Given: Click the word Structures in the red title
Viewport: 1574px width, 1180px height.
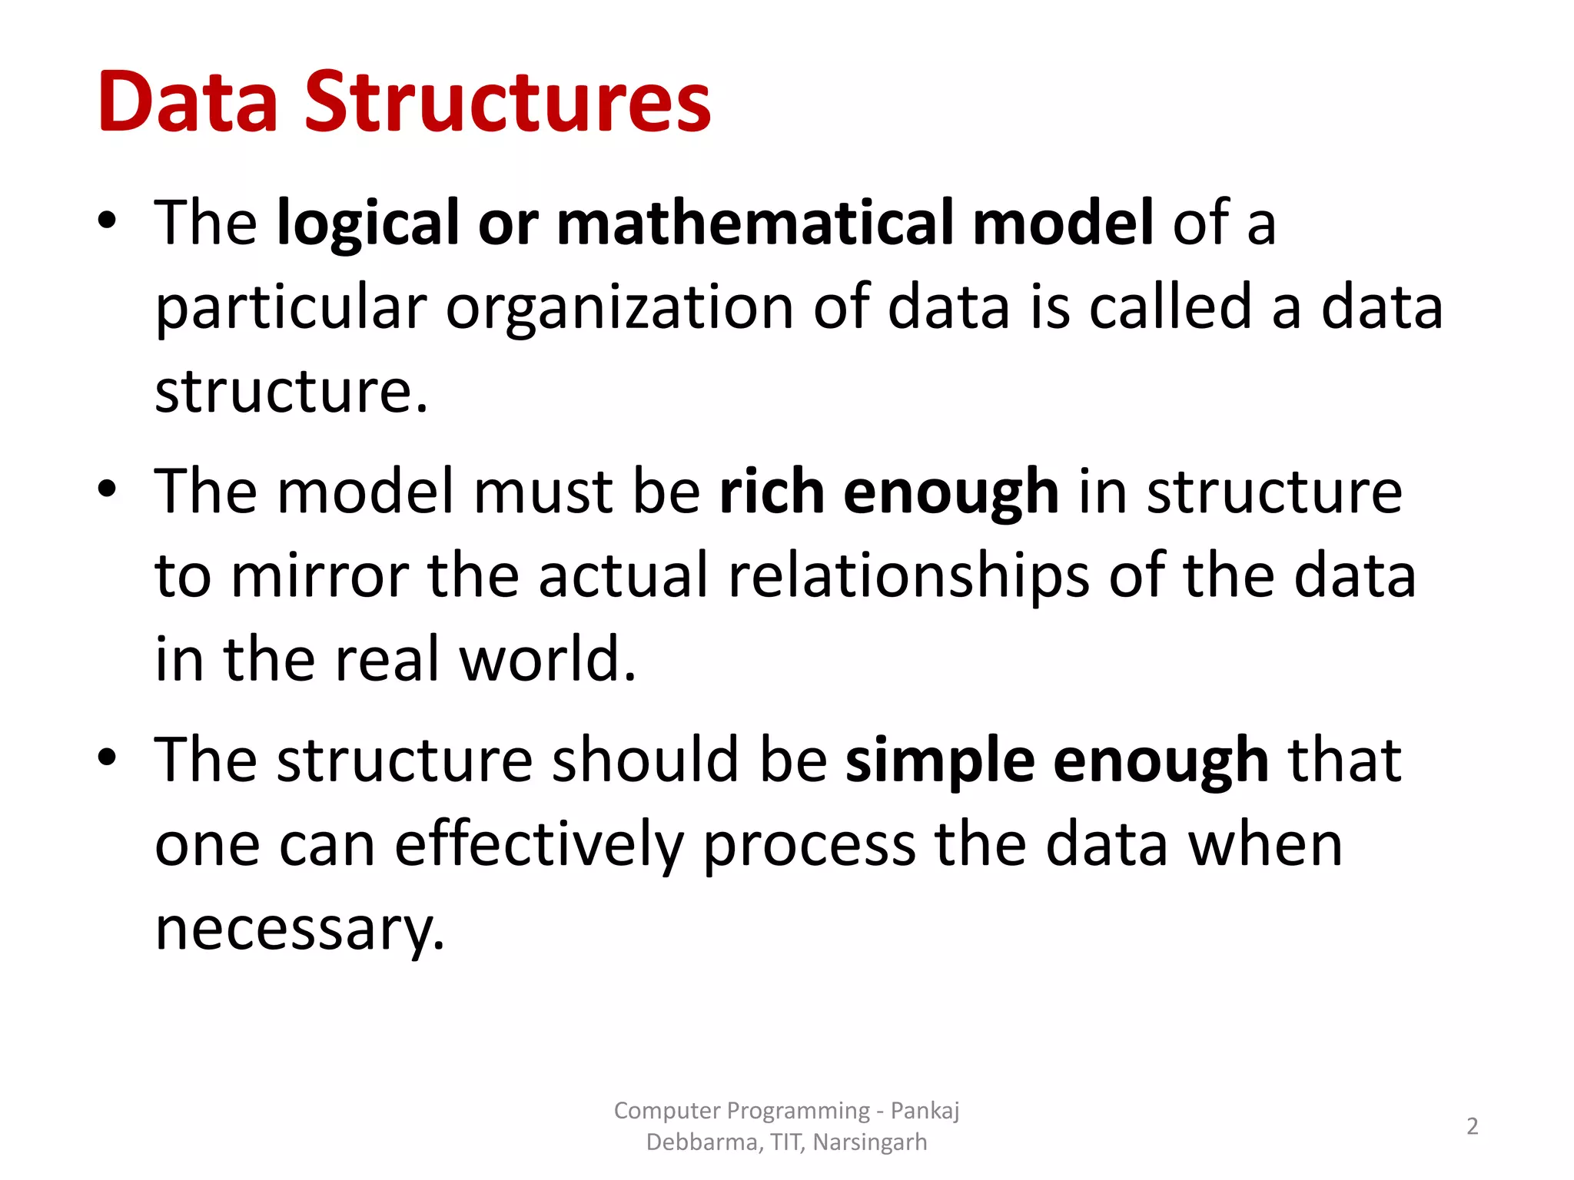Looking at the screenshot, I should coord(508,102).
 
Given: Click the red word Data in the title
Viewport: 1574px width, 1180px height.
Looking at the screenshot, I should coord(188,102).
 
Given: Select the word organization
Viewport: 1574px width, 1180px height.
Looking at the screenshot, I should coord(619,307).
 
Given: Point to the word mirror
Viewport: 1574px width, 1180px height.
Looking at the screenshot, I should coord(320,576).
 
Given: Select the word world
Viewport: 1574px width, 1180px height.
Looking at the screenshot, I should coord(547,659).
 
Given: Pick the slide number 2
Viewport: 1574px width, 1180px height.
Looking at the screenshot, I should coord(1472,1126).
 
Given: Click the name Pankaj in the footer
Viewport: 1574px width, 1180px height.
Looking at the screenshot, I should coord(925,1111).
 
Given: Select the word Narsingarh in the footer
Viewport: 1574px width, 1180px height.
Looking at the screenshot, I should coord(869,1142).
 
